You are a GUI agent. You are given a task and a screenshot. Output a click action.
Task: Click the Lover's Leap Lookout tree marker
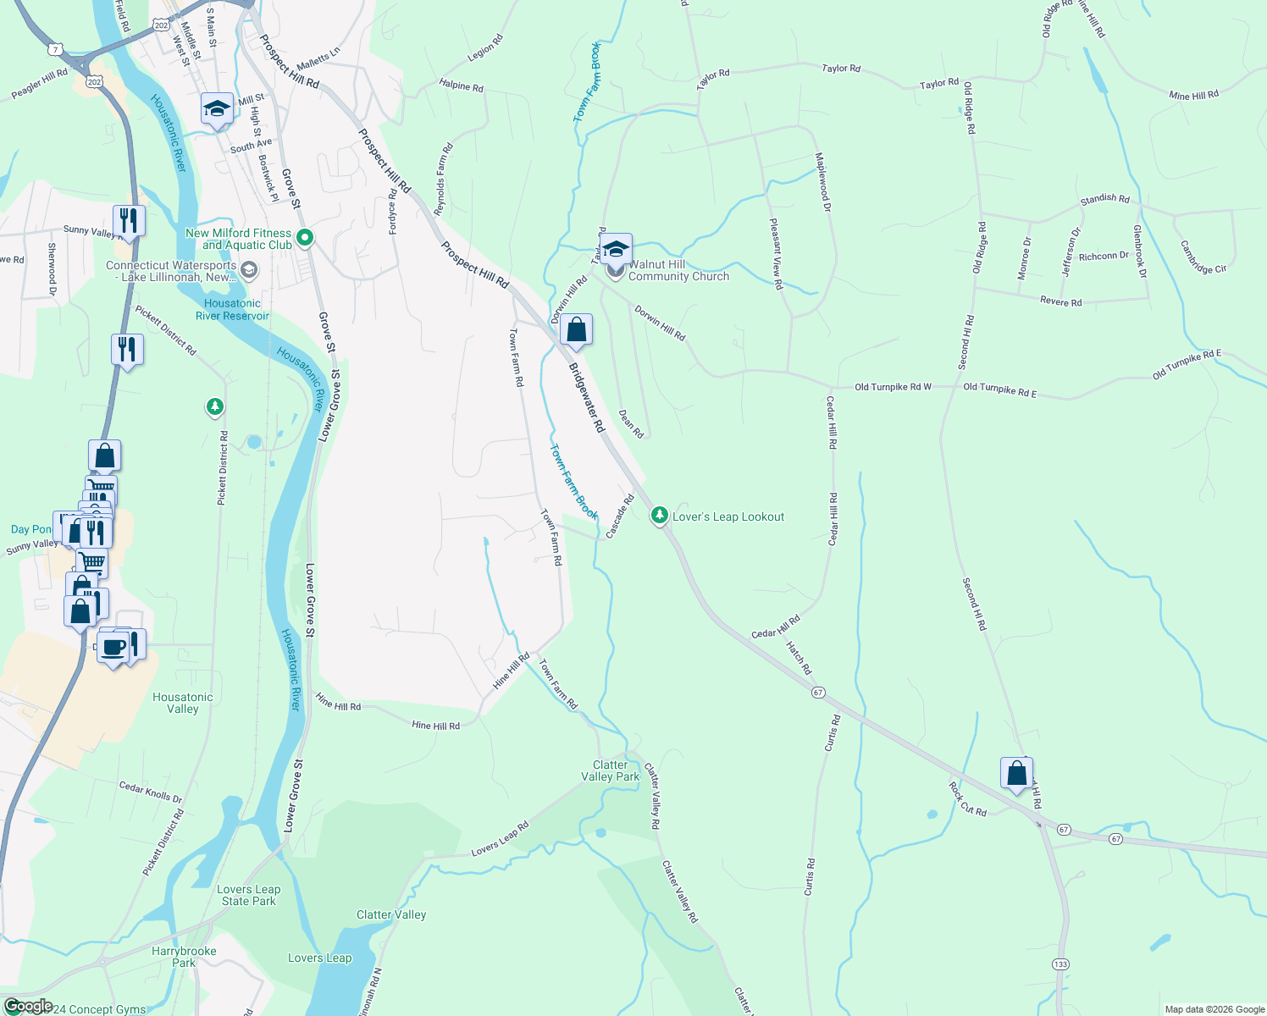click(660, 515)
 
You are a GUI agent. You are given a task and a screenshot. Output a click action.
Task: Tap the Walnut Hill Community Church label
click(678, 270)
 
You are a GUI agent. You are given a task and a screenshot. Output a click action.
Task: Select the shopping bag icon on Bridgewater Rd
click(576, 330)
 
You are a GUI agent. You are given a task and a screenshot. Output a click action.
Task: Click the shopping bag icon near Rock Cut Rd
click(1016, 773)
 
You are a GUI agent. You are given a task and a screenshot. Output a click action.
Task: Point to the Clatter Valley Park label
click(610, 770)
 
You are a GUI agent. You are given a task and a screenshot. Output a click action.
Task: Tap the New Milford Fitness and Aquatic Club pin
click(307, 238)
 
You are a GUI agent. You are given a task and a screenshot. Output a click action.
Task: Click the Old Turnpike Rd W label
click(893, 387)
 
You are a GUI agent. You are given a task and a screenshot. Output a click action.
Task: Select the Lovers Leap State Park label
click(248, 895)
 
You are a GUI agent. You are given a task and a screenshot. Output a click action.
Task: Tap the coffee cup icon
click(113, 649)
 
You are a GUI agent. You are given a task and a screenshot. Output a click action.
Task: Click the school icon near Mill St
click(217, 109)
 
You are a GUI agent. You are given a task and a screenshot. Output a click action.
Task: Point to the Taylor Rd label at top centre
click(840, 69)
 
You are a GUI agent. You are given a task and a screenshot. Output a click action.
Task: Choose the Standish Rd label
click(1104, 199)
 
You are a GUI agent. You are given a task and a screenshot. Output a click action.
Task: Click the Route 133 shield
click(1060, 964)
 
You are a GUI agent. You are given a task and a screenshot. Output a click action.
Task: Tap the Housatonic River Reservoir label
click(232, 309)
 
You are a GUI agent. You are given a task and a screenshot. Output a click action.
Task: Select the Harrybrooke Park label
click(184, 957)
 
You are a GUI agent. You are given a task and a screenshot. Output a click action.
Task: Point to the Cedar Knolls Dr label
click(150, 792)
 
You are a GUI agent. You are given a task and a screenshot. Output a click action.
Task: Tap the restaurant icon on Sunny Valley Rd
click(128, 221)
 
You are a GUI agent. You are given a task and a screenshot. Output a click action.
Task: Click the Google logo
click(28, 1006)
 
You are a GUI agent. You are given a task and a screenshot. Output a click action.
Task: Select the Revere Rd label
click(1060, 302)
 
